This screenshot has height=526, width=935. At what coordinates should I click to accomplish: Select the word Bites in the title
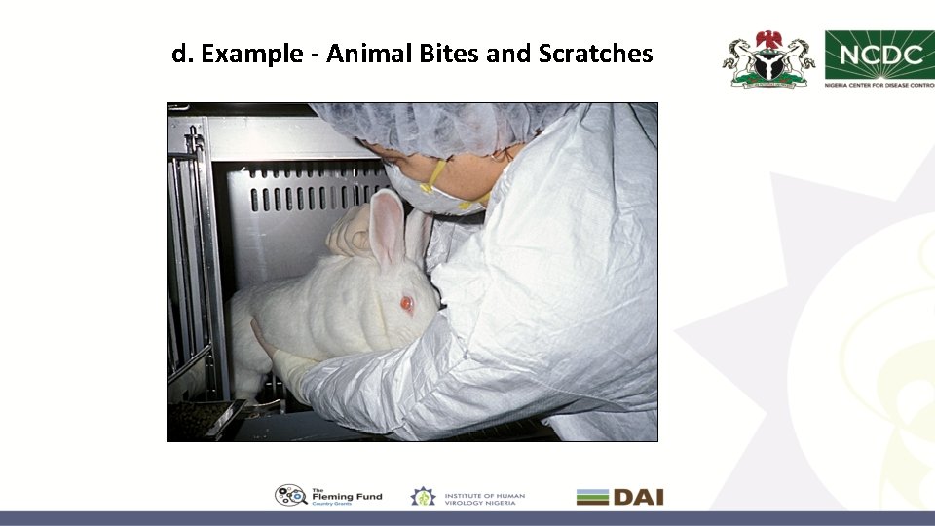click(449, 54)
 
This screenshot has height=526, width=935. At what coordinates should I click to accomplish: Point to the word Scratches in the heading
click(595, 54)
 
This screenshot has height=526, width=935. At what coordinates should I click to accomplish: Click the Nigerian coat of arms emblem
click(767, 59)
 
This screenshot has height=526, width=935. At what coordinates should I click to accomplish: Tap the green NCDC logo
click(879, 56)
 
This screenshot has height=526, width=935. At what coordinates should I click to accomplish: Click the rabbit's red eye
click(407, 304)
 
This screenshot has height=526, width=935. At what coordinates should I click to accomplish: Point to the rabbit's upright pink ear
click(388, 229)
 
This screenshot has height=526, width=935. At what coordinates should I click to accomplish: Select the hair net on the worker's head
click(429, 127)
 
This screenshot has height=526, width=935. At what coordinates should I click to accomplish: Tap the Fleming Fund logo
click(328, 496)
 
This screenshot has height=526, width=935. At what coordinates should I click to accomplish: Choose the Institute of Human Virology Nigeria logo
click(467, 496)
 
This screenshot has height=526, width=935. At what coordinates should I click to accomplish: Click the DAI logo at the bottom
click(619, 497)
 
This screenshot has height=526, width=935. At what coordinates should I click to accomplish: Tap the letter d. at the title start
click(181, 54)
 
